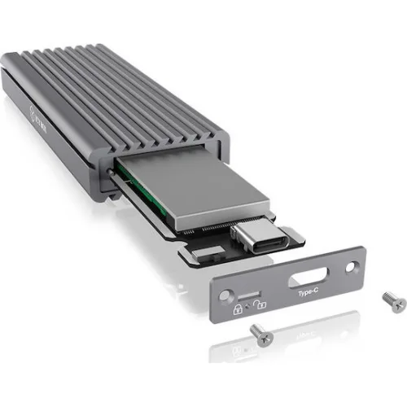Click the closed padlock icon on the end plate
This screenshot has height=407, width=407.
tap(238, 309)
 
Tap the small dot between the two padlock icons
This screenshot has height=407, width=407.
tap(248, 307)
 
